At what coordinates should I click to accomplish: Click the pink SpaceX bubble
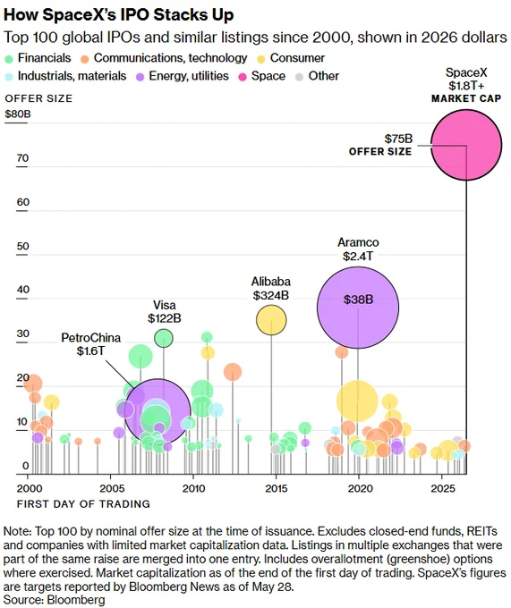(x=466, y=145)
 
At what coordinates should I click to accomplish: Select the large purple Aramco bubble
(x=358, y=308)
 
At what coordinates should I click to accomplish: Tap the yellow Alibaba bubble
(x=271, y=320)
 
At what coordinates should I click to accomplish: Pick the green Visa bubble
(x=164, y=338)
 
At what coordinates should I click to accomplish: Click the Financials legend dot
(x=9, y=59)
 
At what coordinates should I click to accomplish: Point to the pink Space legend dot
(x=243, y=77)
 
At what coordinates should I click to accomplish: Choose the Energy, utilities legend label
(x=189, y=76)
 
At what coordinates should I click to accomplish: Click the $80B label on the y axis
(x=18, y=114)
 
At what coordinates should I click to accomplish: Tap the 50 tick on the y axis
(x=23, y=246)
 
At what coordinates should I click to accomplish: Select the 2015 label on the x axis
(x=277, y=488)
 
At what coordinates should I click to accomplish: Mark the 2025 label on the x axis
(x=442, y=488)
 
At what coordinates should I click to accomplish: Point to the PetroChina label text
(x=90, y=338)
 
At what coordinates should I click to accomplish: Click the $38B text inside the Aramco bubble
(x=358, y=300)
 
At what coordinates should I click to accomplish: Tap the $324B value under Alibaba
(x=271, y=295)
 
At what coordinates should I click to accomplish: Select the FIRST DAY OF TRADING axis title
(x=83, y=504)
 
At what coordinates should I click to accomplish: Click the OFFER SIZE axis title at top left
(x=38, y=98)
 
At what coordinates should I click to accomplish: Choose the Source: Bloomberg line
(x=55, y=599)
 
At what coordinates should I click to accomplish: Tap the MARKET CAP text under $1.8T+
(x=466, y=98)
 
